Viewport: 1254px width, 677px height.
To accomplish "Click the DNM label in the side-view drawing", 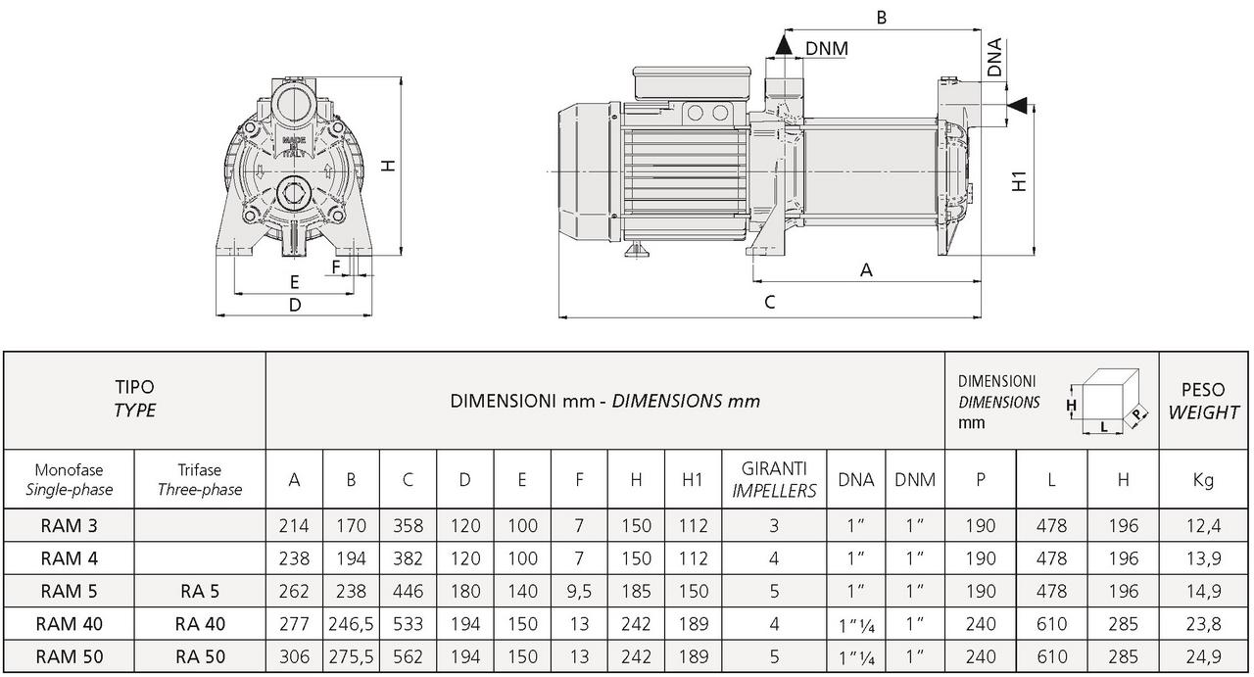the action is pos(826,49).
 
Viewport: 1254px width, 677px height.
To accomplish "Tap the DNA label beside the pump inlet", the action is pos(994,57).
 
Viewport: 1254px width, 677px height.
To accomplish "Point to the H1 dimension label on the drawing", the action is pos(1020,181).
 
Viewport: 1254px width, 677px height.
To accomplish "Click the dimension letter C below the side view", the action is pos(770,303).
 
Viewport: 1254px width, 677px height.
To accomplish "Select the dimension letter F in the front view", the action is pos(336,267).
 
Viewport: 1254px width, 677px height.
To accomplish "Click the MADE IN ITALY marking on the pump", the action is pos(293,146).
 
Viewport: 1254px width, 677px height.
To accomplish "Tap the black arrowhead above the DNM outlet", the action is pos(784,44).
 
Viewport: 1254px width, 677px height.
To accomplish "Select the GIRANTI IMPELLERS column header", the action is pos(774,479).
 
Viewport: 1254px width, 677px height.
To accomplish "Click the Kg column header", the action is pos(1203,480).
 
